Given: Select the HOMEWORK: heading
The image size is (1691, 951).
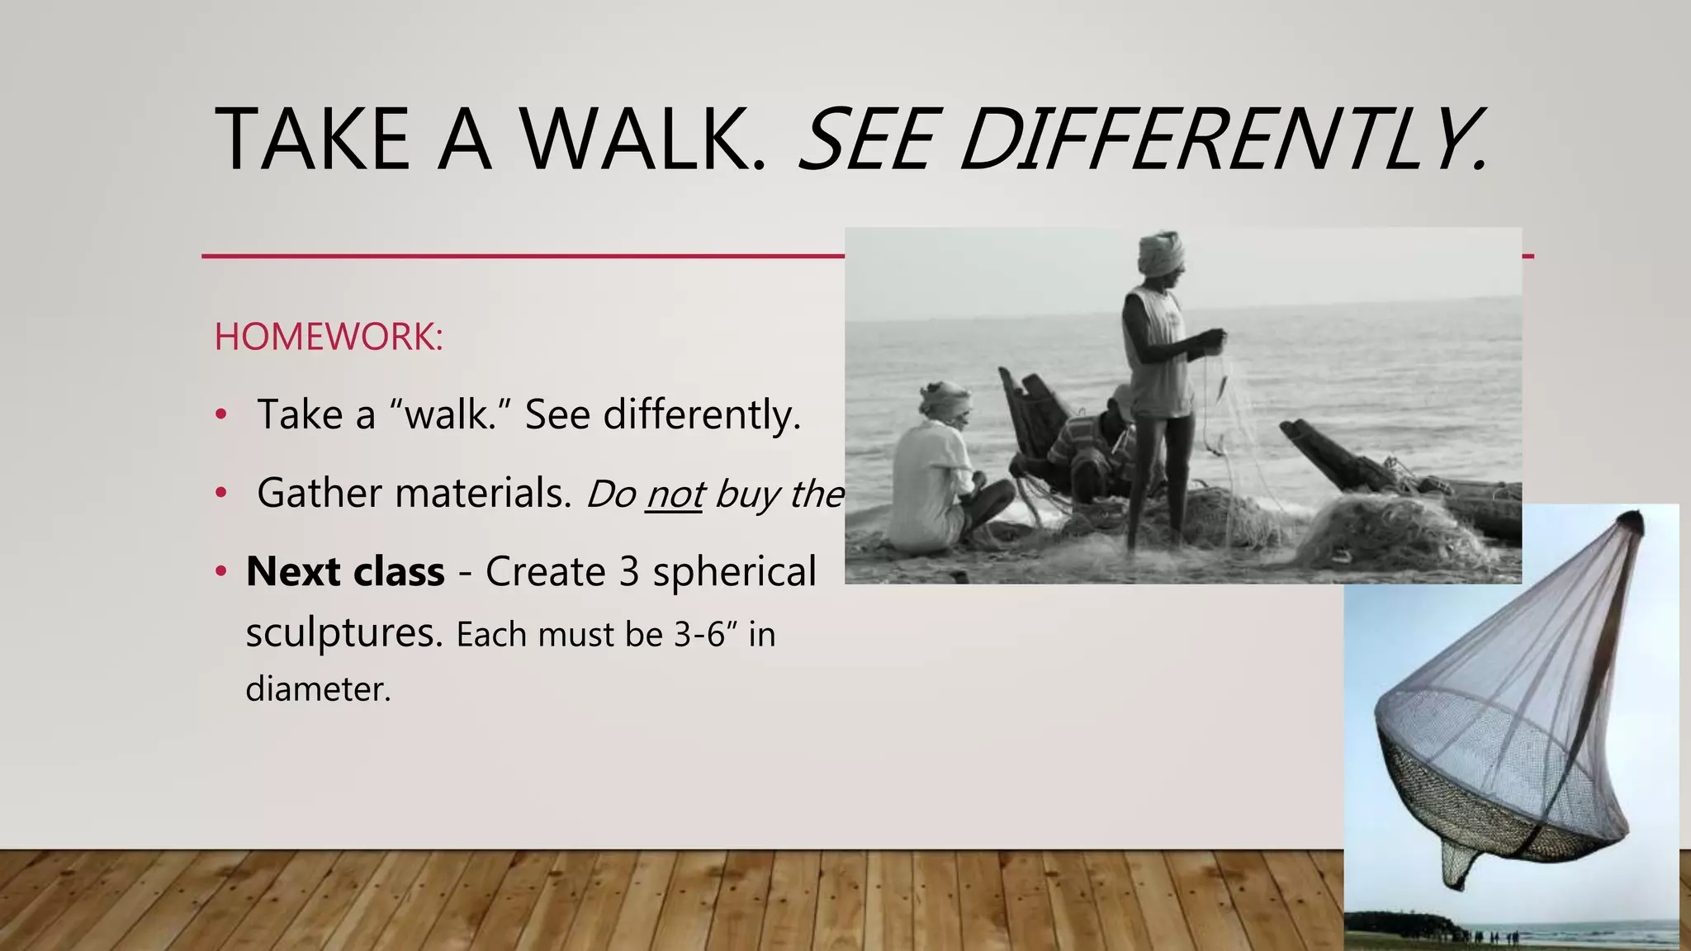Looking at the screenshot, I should point(329,337).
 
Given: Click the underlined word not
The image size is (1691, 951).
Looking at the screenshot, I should point(674,494).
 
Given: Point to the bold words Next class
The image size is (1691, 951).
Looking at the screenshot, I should point(345,571).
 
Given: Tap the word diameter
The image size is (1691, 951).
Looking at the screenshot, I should point(318,688).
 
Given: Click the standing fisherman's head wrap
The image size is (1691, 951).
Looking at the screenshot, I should point(1161,251).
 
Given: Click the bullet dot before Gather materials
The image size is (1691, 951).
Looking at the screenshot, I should point(220,493).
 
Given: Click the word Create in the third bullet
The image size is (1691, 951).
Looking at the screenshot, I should point(545,571).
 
